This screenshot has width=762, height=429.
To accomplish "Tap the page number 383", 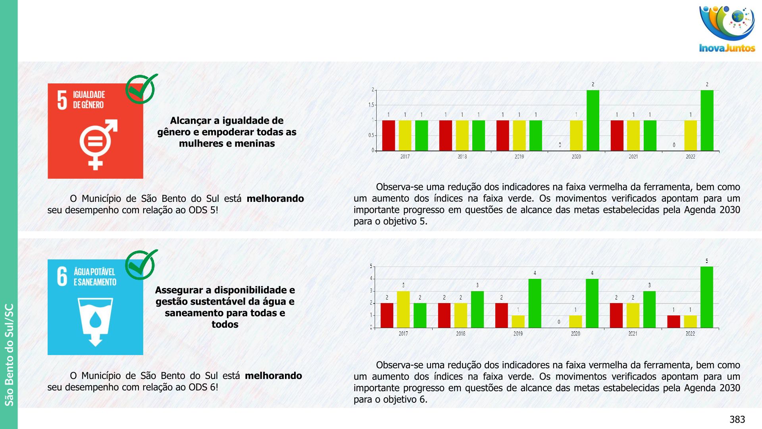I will [x=737, y=419].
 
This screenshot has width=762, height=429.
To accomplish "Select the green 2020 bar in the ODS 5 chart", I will [x=593, y=120].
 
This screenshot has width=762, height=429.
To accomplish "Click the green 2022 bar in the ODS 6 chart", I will [x=706, y=297].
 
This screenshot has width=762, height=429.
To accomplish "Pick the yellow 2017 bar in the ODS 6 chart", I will [x=403, y=309].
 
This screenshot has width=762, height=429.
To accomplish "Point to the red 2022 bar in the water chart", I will [x=673, y=321].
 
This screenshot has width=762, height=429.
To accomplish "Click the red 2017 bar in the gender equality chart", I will [x=389, y=135].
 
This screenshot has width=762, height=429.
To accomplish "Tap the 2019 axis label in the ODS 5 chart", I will [x=519, y=157].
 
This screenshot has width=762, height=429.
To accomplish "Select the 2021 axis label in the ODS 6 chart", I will [x=633, y=334].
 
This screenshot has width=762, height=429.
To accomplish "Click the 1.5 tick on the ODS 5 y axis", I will [x=371, y=105].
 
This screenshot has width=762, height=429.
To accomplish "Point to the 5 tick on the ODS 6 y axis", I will [x=371, y=266].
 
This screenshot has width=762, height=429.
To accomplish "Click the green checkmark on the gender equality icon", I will [x=140, y=89].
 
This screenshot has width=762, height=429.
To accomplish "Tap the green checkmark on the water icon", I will [x=140, y=265].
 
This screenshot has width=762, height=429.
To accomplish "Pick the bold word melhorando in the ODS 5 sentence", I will [x=275, y=199].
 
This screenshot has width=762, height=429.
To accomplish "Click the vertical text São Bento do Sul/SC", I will [x=9, y=355].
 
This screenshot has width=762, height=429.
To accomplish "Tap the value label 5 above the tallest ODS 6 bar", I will [x=706, y=261].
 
